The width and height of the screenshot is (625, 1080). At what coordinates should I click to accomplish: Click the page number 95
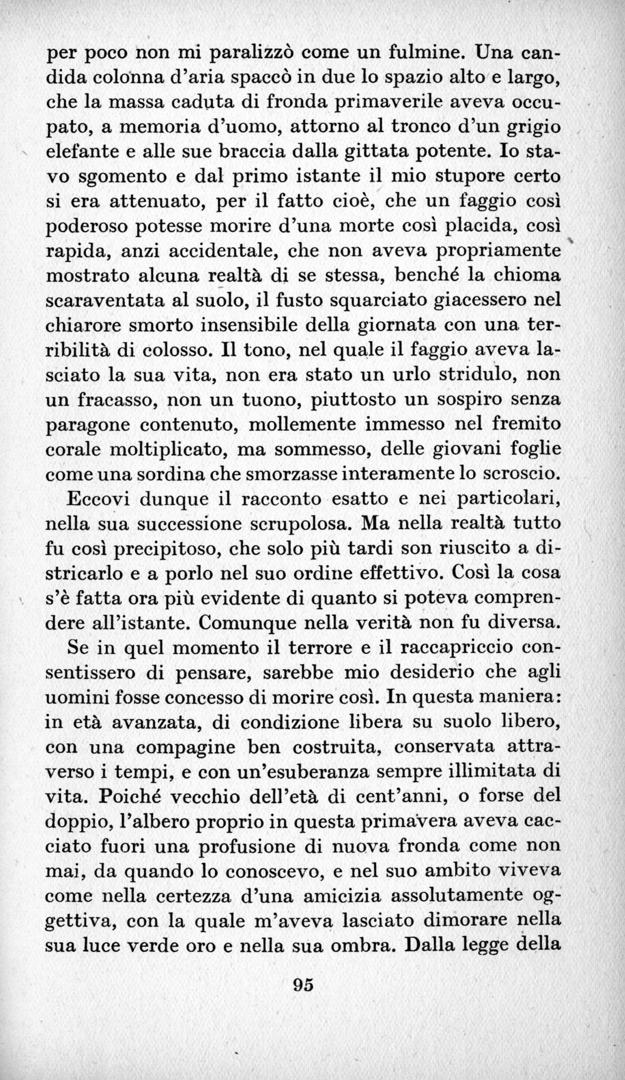click(304, 984)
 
